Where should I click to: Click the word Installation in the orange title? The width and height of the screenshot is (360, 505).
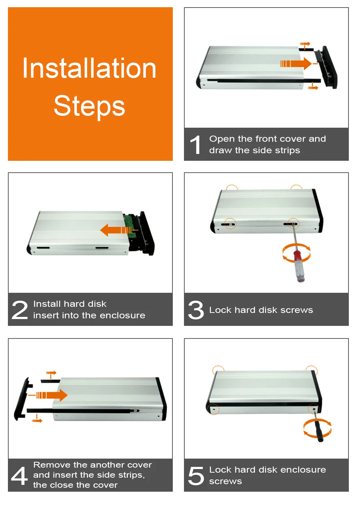click(89, 68)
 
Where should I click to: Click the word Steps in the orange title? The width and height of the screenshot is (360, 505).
click(89, 106)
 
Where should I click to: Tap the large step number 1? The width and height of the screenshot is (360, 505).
click(195, 145)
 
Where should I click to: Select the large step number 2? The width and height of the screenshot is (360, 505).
click(20, 310)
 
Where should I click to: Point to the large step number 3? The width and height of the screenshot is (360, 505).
click(196, 310)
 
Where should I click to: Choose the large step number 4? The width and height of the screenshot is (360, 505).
click(19, 476)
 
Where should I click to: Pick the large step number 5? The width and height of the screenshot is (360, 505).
click(196, 476)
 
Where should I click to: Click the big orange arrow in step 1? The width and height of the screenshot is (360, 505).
click(296, 64)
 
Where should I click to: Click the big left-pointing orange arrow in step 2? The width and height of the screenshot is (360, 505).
click(116, 230)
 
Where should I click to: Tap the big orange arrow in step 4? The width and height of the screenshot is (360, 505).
click(52, 395)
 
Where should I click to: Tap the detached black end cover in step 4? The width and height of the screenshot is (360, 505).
click(23, 399)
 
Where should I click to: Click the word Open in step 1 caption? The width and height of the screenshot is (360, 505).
click(222, 139)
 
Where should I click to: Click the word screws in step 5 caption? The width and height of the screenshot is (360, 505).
click(225, 482)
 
